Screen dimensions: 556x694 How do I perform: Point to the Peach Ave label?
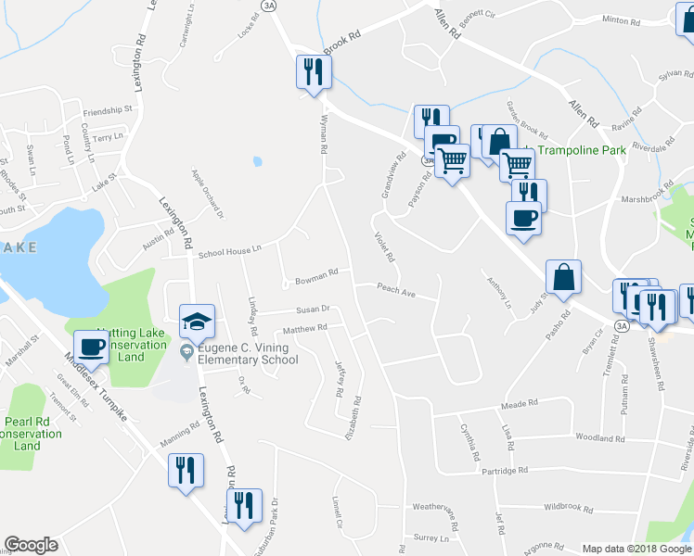coord(394,289)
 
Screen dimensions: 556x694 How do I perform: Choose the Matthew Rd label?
coord(306,328)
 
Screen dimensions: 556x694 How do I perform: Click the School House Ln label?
coord(230,250)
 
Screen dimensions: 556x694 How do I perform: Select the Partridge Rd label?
coord(505,471)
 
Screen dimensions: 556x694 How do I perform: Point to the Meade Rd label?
coord(520,404)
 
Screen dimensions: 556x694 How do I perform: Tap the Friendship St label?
coord(108,109)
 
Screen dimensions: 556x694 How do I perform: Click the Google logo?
coord(32,545)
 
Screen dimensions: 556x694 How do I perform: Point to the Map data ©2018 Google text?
coord(636,549)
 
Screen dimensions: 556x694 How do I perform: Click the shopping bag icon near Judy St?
coord(563,276)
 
